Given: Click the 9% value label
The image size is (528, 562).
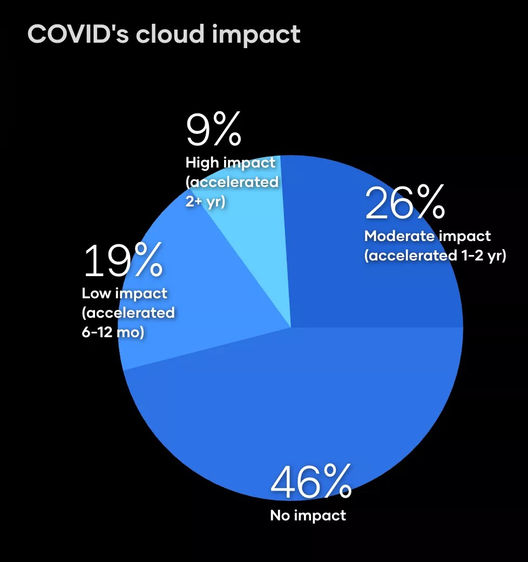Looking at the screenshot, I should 213,130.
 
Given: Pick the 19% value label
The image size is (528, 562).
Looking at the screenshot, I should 123,261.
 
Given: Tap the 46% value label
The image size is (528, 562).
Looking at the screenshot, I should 311,483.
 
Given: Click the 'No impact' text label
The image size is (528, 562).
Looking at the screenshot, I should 308,515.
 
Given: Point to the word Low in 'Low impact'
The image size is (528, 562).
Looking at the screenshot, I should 96,293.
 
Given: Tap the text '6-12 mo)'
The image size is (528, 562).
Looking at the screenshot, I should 113,332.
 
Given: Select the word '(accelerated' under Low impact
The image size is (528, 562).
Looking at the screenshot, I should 128,313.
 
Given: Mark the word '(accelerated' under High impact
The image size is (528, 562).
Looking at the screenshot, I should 232,182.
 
